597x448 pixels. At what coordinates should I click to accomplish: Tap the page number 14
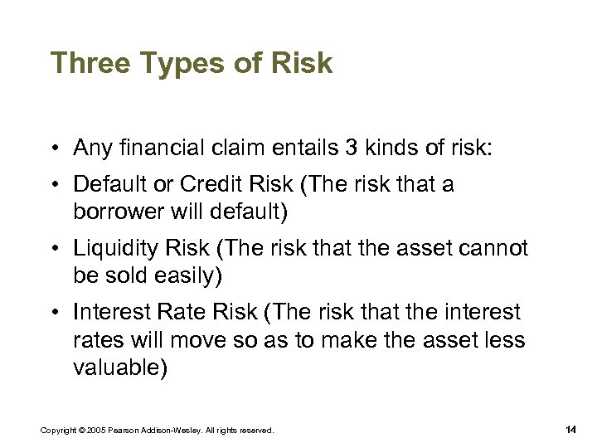click(570, 429)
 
